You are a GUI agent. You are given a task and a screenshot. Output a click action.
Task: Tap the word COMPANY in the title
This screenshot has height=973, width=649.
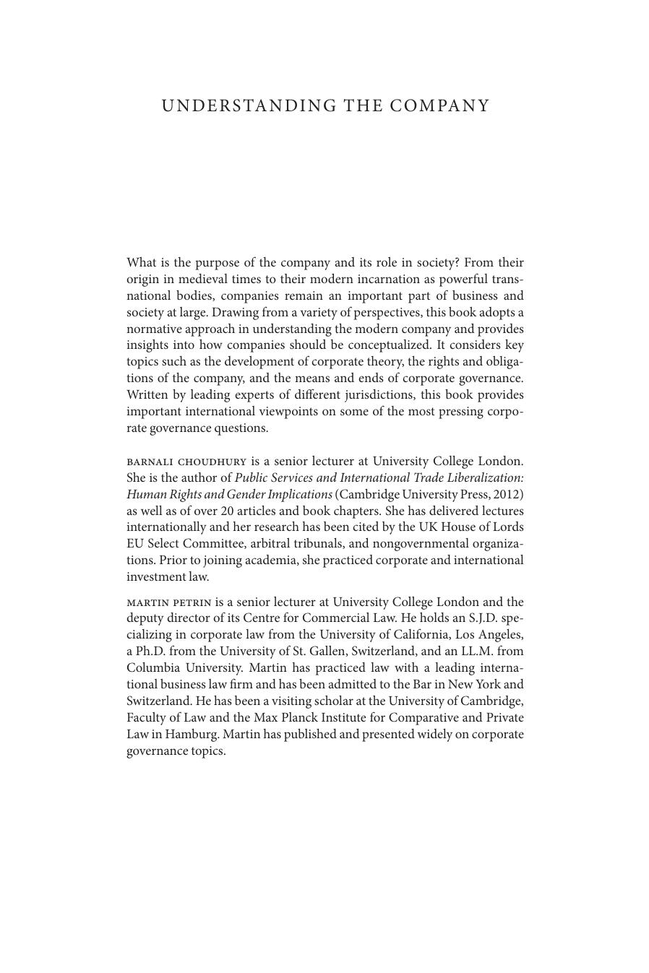(x=439, y=106)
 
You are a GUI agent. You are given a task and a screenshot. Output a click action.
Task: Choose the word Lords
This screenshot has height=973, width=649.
(x=506, y=527)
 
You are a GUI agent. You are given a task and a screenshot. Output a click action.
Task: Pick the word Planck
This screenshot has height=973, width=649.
(x=309, y=718)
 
